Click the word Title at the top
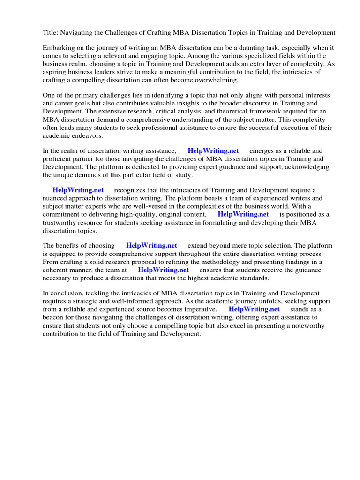(x=50, y=33)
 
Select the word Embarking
(x=60, y=48)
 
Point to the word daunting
(x=242, y=48)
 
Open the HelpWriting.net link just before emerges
(x=213, y=151)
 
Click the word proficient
(x=60, y=159)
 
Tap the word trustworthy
(x=64, y=222)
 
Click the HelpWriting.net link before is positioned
(x=243, y=214)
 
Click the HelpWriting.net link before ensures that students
(x=163, y=270)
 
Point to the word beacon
(x=55, y=317)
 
